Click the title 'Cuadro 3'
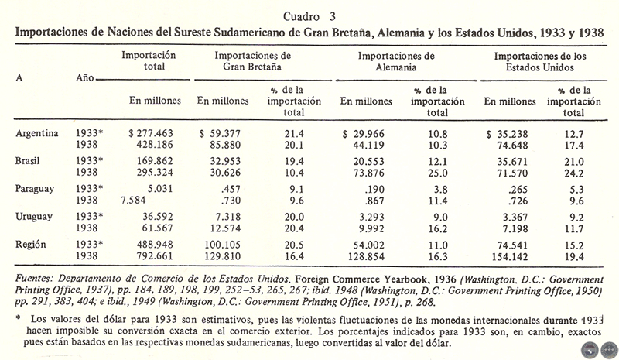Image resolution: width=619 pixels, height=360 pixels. [x=309, y=15]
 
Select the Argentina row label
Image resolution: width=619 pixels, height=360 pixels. [x=38, y=132]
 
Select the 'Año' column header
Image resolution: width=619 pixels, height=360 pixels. [x=86, y=79]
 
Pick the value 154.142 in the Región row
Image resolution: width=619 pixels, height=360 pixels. [x=513, y=256]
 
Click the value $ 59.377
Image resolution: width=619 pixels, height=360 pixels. [x=223, y=133]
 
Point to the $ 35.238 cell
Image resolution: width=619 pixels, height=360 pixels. [x=510, y=133]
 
